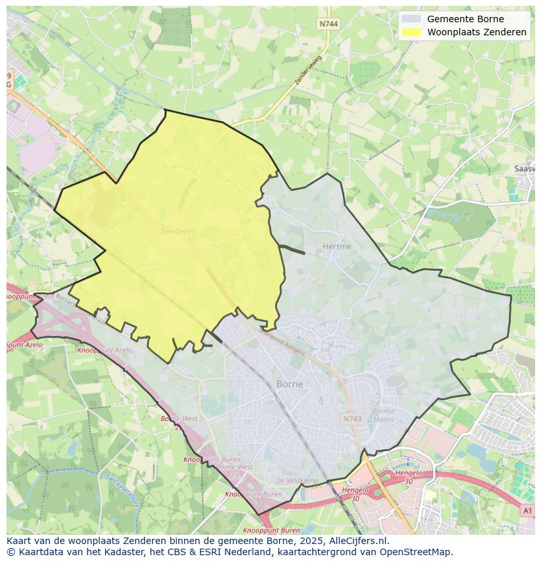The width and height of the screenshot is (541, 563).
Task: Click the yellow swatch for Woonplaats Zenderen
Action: [412, 32]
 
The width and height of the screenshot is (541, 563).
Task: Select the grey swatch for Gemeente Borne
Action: [412, 19]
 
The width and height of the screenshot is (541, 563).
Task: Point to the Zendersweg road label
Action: [309, 70]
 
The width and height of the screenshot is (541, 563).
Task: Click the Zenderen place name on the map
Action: [178, 231]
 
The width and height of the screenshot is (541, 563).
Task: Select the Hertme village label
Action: [336, 247]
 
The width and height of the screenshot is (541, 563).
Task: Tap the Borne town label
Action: [289, 384]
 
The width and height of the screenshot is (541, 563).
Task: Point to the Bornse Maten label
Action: [383, 415]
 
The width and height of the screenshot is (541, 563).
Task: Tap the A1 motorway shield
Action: [527, 510]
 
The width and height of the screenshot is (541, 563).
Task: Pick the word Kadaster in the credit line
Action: [105, 552]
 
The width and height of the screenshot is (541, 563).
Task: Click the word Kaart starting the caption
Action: [20, 541]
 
